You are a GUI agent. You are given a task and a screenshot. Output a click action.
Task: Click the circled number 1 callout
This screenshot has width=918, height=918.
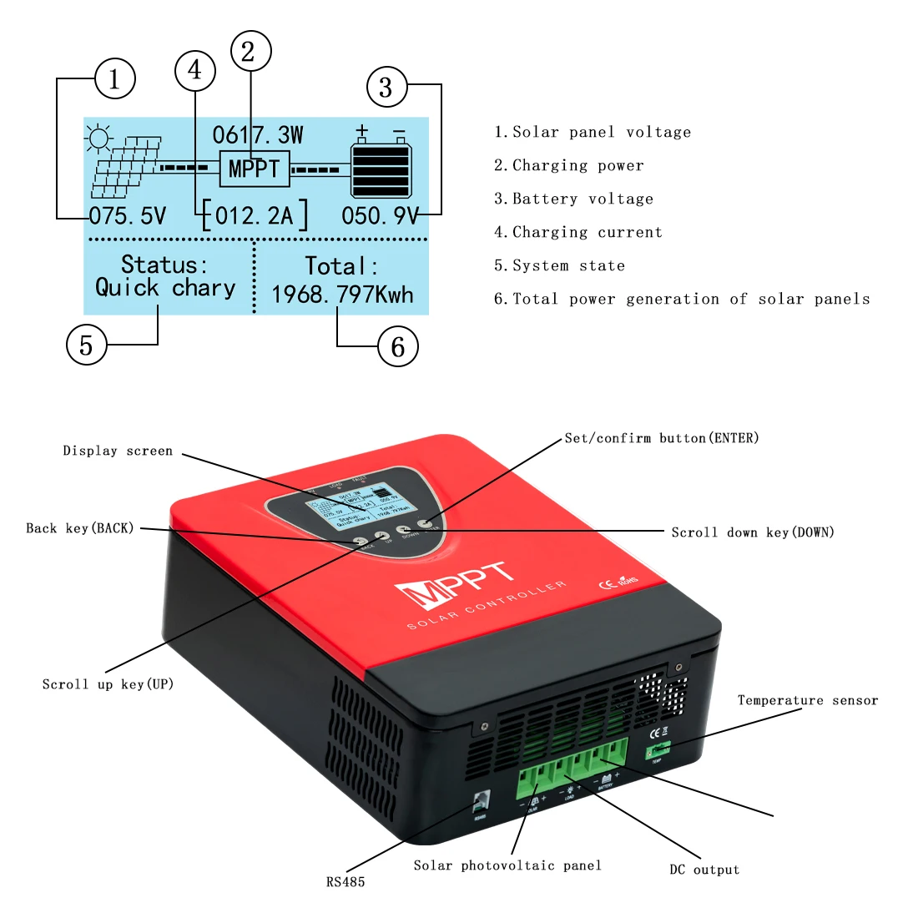coord(114,79)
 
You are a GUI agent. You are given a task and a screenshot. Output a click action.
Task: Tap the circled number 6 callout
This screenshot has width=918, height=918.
coord(398,346)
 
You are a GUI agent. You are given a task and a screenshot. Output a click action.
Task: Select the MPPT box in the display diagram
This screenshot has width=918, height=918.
coord(255,169)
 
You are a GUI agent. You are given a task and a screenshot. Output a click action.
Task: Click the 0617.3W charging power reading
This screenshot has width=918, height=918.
coord(258,135)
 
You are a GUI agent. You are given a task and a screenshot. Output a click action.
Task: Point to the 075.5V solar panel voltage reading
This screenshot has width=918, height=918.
coord(128,216)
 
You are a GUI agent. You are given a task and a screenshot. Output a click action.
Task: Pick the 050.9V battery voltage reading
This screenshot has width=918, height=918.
coord(381,216)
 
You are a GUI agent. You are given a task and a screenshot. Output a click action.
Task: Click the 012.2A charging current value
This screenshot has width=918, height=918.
coord(255,216)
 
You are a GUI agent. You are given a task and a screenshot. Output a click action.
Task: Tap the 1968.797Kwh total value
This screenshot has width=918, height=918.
coord(342,295)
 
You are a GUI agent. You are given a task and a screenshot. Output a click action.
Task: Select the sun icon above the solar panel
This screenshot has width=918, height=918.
coord(99,139)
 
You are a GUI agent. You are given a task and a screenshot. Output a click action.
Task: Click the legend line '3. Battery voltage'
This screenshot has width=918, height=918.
coord(573,199)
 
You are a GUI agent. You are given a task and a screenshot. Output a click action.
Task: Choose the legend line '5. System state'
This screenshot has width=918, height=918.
coord(559,265)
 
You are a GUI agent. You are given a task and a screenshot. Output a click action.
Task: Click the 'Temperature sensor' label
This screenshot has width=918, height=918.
coord(807,700)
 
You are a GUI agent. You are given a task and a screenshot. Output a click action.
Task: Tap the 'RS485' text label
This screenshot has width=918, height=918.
coord(346,881)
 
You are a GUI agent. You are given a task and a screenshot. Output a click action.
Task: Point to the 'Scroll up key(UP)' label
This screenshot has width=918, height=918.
coord(108,684)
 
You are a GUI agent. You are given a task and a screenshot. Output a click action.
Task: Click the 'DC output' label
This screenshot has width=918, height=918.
coord(704,870)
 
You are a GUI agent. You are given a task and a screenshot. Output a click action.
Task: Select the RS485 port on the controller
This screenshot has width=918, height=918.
coord(480,801)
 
